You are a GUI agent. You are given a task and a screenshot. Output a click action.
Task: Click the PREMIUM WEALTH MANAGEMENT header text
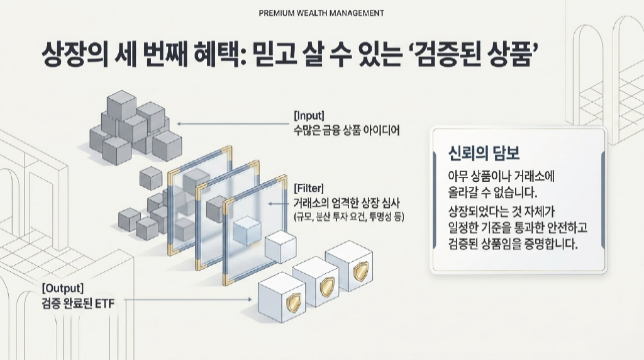[x=321, y=13]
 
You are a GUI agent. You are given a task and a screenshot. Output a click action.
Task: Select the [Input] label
[x=309, y=115]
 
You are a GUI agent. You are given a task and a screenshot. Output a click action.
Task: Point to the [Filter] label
[x=309, y=189]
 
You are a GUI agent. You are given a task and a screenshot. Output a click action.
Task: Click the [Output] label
[x=63, y=288]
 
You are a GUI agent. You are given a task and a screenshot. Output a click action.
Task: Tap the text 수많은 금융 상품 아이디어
[x=347, y=131]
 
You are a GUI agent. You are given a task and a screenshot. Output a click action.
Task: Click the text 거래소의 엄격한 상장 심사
[x=347, y=203]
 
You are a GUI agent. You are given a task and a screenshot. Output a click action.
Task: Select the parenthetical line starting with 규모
[x=348, y=217]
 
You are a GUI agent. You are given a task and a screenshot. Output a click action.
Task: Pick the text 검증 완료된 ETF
[x=78, y=304]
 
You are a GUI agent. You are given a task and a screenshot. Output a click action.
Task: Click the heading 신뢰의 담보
[x=484, y=154]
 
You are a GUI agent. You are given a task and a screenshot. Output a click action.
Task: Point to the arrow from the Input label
[x=233, y=124]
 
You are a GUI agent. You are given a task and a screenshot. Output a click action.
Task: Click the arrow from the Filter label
[x=279, y=204]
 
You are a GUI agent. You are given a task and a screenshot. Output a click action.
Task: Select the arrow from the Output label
[x=188, y=300]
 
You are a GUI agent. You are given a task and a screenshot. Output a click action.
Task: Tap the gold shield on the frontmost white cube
[x=293, y=303]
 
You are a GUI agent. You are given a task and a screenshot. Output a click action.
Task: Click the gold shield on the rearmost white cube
[x=360, y=271]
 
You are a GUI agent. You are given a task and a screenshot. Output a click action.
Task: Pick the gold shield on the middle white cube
[x=327, y=286]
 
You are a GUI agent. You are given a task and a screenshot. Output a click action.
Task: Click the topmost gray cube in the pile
[x=121, y=106]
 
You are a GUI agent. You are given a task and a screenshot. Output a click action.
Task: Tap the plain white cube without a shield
[x=280, y=248]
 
